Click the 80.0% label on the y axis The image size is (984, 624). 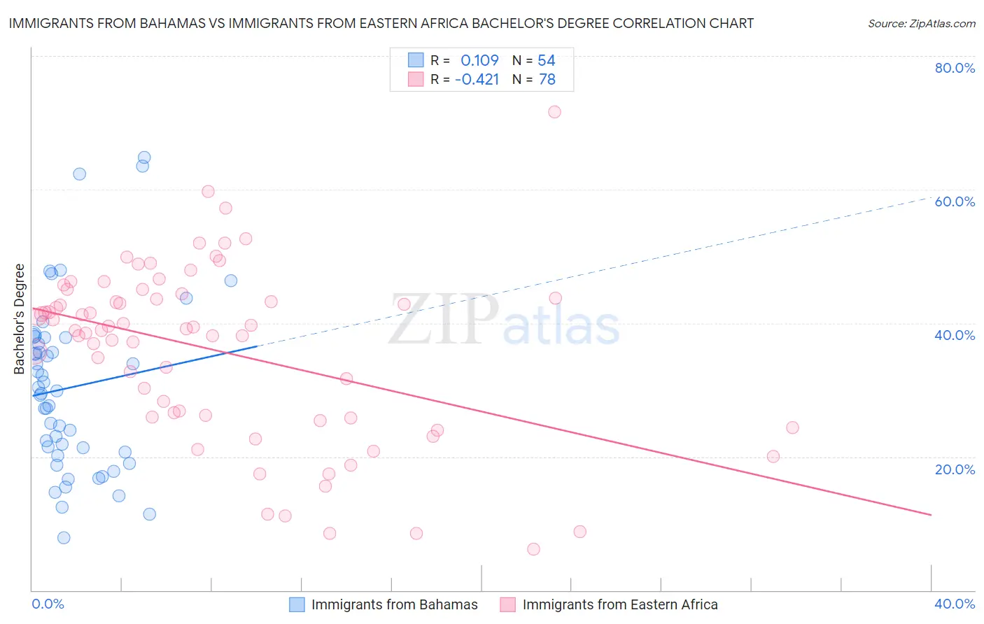click(x=955, y=68)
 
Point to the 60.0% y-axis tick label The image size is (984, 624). click(x=955, y=201)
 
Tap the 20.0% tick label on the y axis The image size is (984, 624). click(x=955, y=469)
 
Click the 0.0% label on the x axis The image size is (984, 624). click(x=48, y=604)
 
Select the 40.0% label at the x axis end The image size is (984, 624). click(x=955, y=604)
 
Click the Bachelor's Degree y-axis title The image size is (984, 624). click(x=20, y=319)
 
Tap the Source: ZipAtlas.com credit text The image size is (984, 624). click(x=921, y=23)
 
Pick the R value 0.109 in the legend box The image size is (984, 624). click(x=479, y=60)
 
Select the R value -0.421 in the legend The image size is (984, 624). click(x=477, y=80)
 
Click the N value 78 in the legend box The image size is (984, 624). click(x=547, y=80)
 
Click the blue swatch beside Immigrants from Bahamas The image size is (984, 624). click(x=297, y=604)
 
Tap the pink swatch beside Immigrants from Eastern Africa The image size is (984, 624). click(x=507, y=604)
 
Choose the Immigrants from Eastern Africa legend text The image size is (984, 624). click(x=619, y=604)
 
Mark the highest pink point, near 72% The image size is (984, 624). click(x=554, y=112)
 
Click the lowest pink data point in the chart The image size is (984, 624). click(x=533, y=549)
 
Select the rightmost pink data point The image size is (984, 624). click(x=792, y=427)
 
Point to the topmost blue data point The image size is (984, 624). click(x=144, y=157)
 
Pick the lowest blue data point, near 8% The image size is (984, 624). click(x=64, y=537)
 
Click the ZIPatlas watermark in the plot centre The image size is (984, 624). click(x=504, y=320)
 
